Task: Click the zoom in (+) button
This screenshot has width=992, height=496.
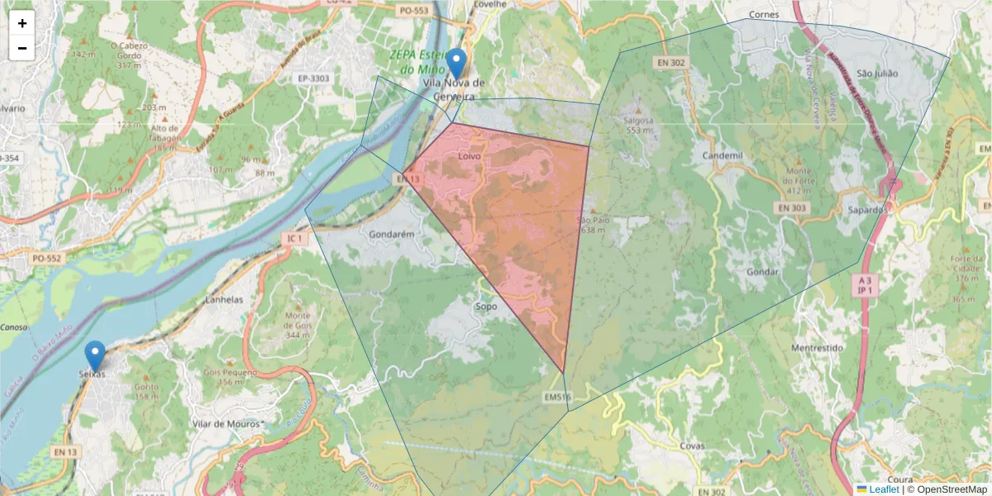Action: click(x=21, y=23)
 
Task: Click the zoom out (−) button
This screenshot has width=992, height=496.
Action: click(x=21, y=48)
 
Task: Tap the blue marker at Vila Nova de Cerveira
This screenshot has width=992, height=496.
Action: click(x=455, y=64)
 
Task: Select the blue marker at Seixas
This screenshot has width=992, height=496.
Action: click(x=95, y=356)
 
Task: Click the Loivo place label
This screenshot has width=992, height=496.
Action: click(x=469, y=155)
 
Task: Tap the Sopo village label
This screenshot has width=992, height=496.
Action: click(x=486, y=307)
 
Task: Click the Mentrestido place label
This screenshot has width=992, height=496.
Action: click(x=816, y=348)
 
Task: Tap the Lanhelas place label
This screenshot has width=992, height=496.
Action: click(x=223, y=300)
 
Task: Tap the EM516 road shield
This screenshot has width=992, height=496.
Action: click(x=557, y=398)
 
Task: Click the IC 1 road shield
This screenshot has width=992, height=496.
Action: click(x=293, y=239)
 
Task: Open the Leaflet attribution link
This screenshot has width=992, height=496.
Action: click(x=883, y=489)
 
